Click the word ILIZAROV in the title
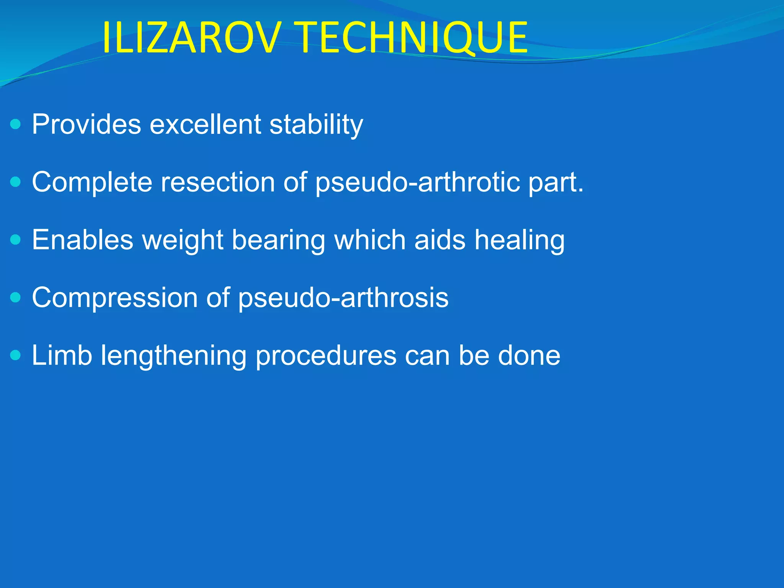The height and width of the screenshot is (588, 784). point(189,38)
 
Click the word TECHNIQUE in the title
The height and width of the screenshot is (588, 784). point(412,38)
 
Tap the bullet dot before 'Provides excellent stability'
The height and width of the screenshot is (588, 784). point(16,124)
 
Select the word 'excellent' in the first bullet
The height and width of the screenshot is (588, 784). point(205,124)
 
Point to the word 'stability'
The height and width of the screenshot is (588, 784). point(316,125)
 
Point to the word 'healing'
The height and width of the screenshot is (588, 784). point(519,240)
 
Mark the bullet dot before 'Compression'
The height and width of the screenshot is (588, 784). point(16,297)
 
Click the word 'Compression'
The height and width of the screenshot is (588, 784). point(114,298)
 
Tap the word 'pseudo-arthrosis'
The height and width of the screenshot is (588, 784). point(343,298)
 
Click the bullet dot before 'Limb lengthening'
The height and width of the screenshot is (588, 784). point(16,355)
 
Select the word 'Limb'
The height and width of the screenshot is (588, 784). point(62,355)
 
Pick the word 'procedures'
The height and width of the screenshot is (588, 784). point(325,356)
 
